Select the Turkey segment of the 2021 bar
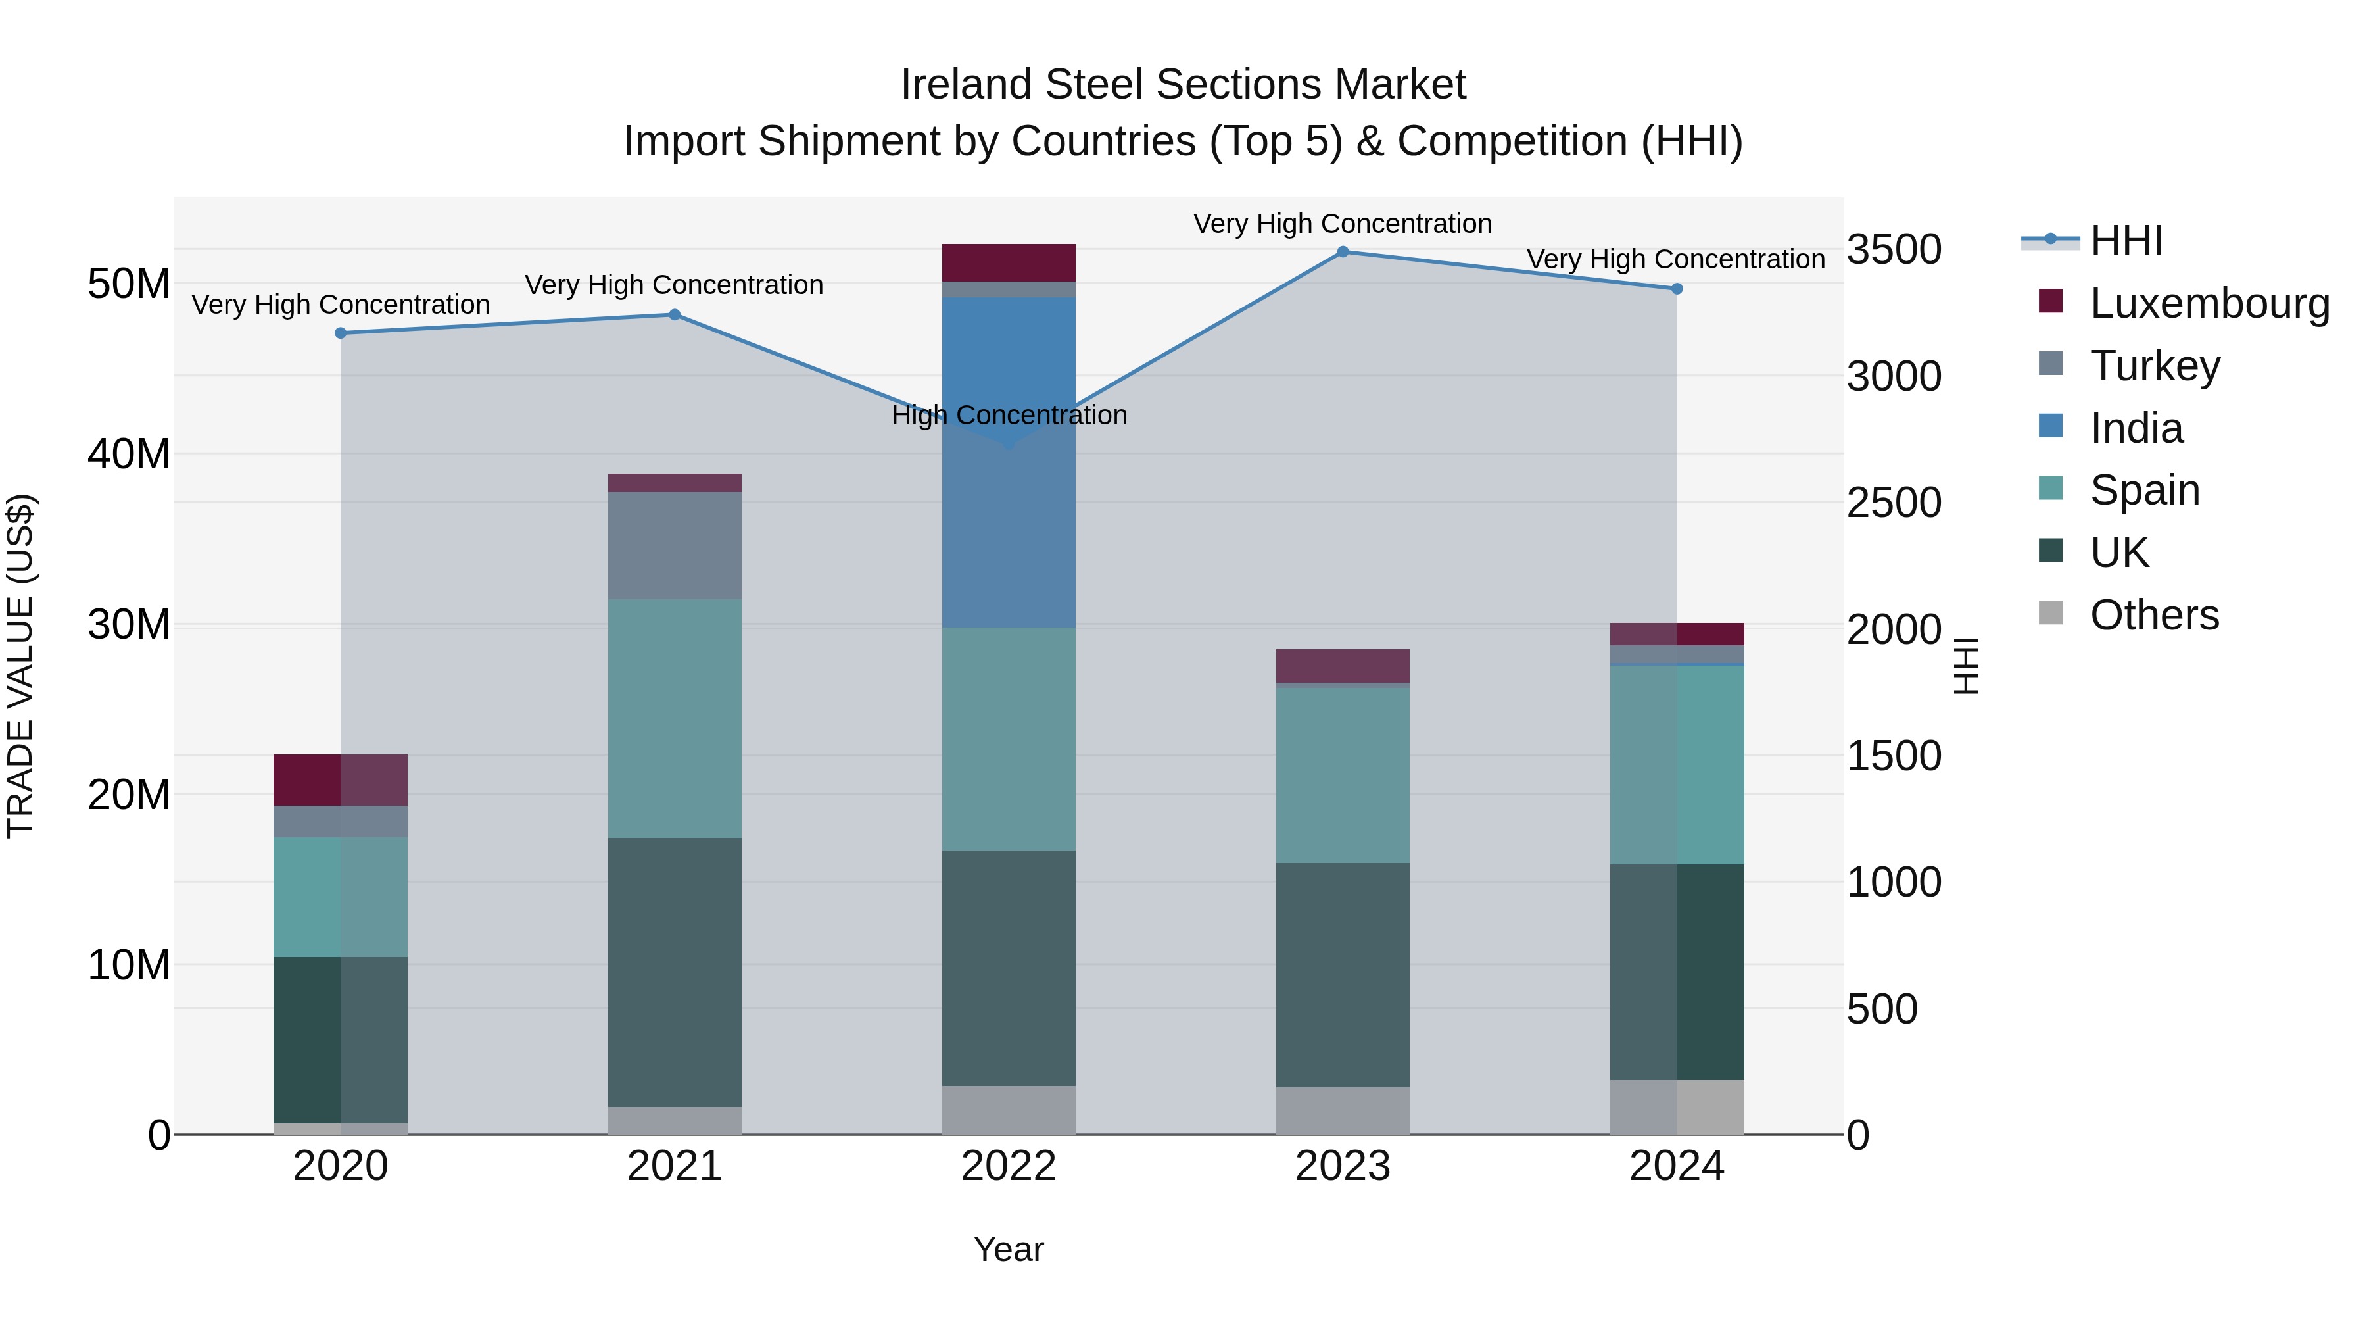[675, 545]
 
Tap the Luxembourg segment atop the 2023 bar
[1343, 666]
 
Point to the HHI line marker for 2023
[1343, 252]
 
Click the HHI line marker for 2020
[341, 333]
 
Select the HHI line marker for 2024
[1676, 289]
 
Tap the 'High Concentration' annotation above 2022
[1009, 416]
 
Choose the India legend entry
[2136, 428]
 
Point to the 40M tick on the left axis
[129, 454]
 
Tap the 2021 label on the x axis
[675, 1166]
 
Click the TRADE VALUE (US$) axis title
[21, 666]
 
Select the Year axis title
[1008, 1249]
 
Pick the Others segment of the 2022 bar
[1008, 1110]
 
